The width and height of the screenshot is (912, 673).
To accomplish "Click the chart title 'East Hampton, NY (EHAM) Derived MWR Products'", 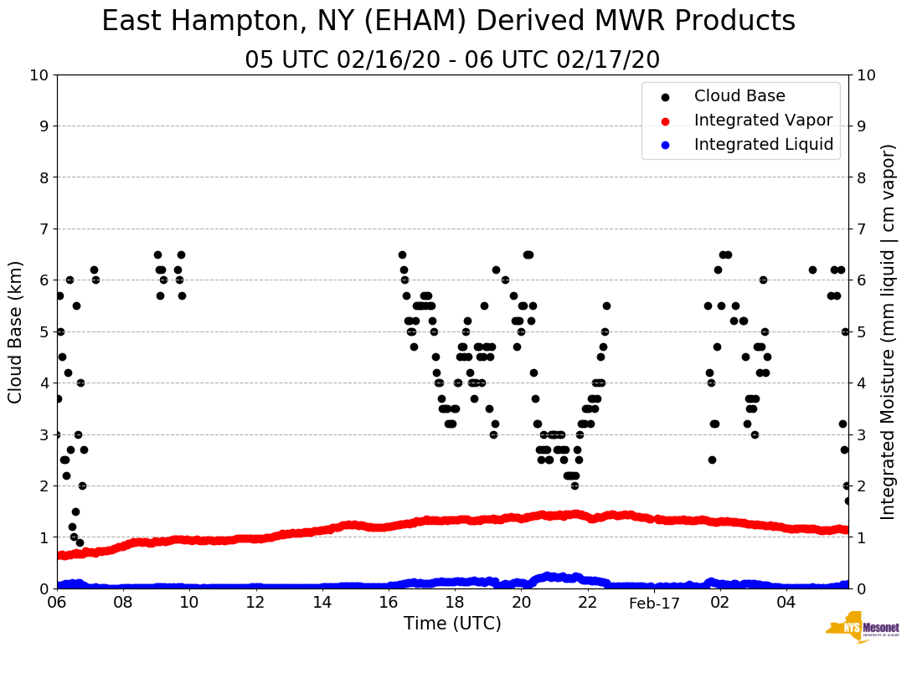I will click(448, 22).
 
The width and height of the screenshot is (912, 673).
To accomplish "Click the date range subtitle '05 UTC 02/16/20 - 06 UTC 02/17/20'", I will click(452, 60).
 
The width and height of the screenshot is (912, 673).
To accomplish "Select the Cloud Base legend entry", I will click(739, 96).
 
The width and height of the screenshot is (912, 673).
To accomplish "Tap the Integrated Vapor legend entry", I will click(763, 121).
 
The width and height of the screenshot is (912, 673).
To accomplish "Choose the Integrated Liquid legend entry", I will click(763, 145).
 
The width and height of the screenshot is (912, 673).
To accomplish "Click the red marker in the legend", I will click(665, 121).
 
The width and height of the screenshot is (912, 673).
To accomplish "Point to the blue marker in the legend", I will click(665, 145).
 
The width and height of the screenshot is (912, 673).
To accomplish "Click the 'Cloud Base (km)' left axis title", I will click(16, 331).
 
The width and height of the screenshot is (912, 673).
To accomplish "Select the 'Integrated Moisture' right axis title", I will click(888, 331).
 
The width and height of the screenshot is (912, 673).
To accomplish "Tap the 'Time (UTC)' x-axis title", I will click(452, 624).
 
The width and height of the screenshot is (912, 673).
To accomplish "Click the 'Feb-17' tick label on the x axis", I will click(654, 602).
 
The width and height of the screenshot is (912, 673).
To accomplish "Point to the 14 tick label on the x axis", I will click(322, 602).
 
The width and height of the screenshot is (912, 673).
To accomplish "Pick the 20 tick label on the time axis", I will click(521, 602).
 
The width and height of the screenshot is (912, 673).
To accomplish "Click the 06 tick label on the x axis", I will click(57, 602).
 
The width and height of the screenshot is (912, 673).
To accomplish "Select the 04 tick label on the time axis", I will click(786, 602).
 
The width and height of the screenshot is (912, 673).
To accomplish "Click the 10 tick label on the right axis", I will click(865, 75).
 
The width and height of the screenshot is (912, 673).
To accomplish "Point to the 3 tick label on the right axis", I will click(861, 434).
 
